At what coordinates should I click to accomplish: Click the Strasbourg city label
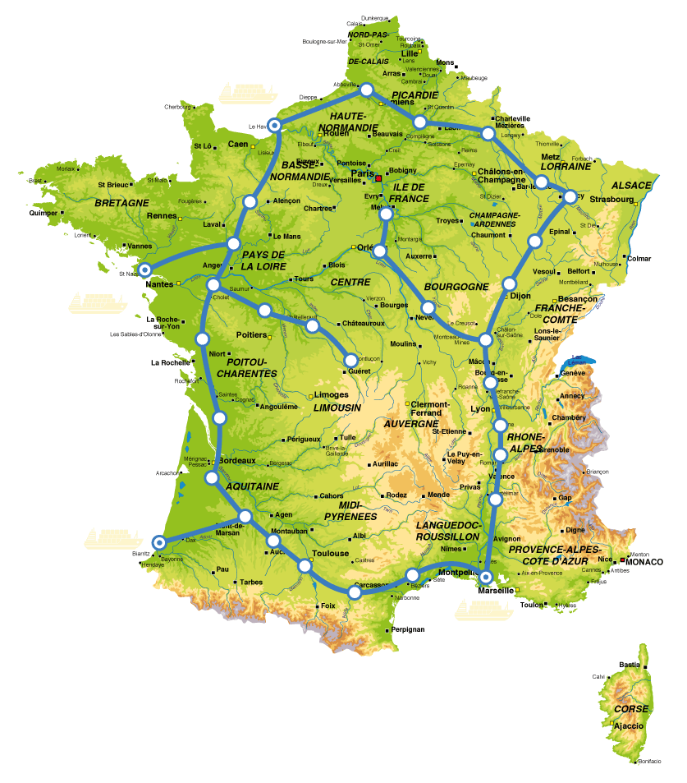611,199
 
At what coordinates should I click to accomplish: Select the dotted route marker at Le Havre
275,125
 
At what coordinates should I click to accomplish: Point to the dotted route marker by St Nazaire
144,269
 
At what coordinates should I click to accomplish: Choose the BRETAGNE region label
121,202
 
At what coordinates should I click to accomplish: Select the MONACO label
646,562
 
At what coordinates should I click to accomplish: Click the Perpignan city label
408,629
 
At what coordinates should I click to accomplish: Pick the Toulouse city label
331,554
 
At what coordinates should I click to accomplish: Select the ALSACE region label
632,185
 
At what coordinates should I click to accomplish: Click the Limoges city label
331,395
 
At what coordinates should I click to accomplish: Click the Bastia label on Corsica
629,665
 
